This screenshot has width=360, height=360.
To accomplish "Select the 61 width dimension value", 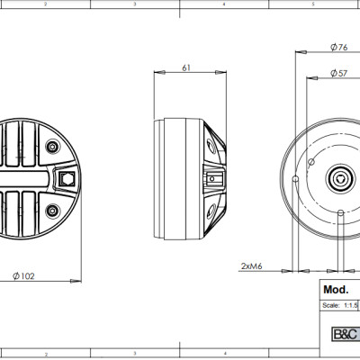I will point(185,67).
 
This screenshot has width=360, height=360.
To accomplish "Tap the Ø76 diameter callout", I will point(340,46).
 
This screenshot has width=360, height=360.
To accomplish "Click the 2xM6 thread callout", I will point(253,267).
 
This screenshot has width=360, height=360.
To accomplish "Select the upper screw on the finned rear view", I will point(51,143).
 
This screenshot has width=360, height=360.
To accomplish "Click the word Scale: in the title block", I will point(329,306).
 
